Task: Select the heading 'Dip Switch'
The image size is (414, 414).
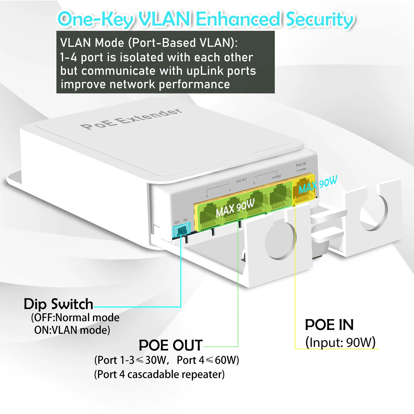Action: coord(58,304)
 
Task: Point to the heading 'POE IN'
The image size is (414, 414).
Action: coord(329,325)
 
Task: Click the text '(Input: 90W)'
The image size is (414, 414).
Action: coord(340,342)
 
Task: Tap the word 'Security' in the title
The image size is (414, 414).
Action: coord(320,19)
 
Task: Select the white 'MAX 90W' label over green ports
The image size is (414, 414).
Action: coord(235,208)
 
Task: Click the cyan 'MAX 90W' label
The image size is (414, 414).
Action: coord(318,185)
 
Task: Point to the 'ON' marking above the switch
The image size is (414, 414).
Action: coord(186,220)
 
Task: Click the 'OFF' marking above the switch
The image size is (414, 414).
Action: coord(177,222)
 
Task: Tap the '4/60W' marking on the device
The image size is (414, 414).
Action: coord(276,177)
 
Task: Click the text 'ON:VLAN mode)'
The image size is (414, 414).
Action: coord(72,330)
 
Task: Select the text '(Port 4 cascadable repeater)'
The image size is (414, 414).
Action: coord(159,374)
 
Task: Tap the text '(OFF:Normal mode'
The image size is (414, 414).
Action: coord(75,317)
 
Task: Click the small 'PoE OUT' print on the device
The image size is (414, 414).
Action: coord(242,180)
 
